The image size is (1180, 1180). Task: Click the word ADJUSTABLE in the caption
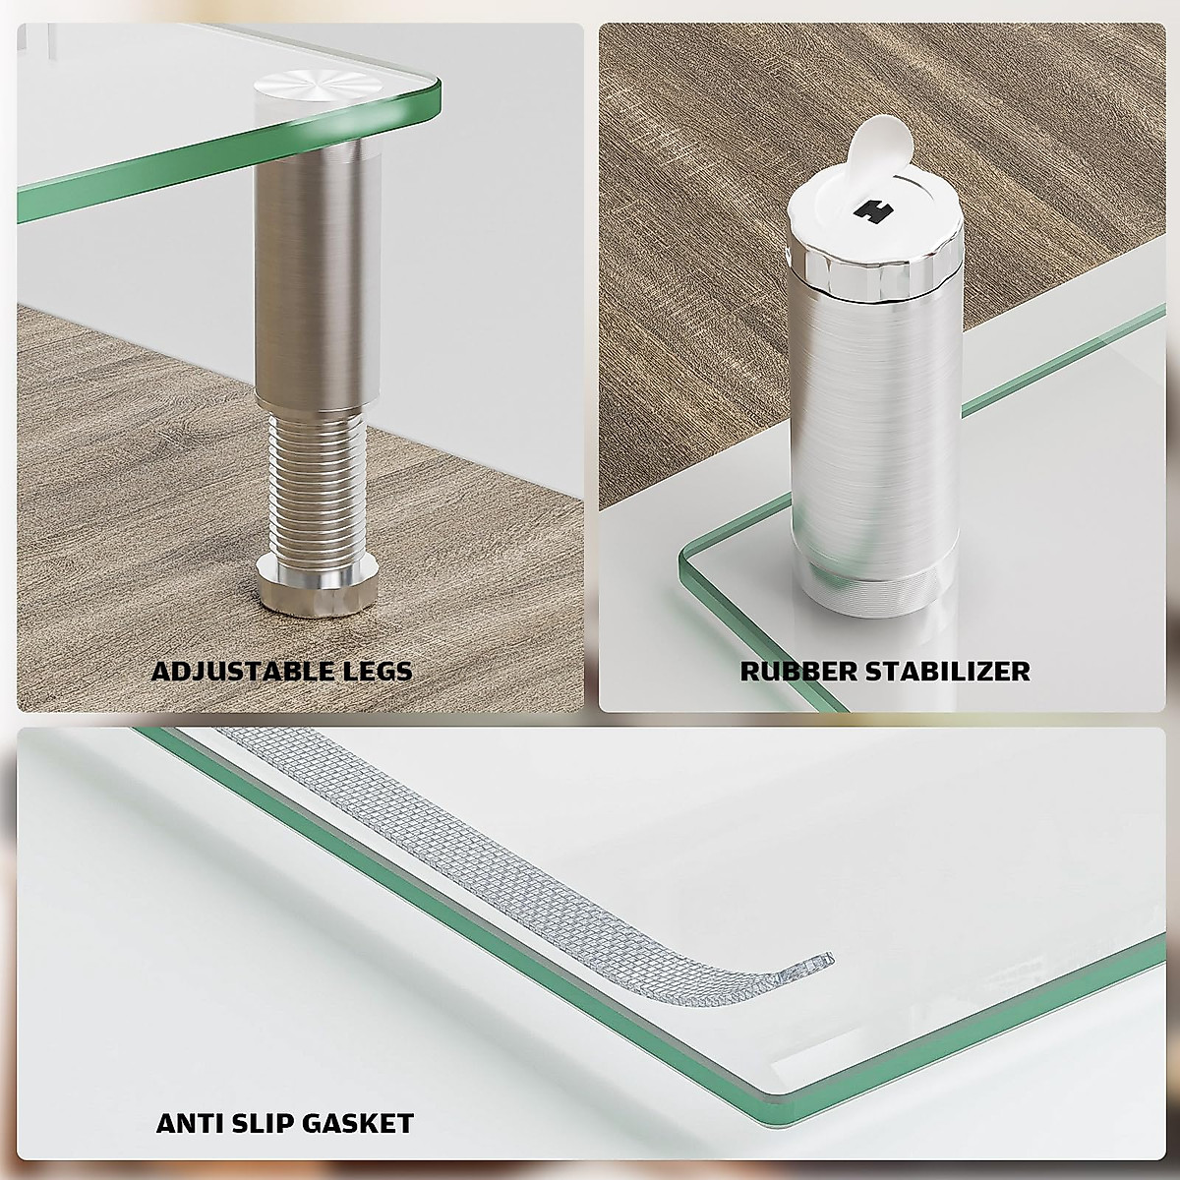[242, 672]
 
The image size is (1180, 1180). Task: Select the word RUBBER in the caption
[799, 672]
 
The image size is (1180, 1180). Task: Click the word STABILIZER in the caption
[948, 672]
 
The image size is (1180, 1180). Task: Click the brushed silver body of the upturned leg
[873, 423]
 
